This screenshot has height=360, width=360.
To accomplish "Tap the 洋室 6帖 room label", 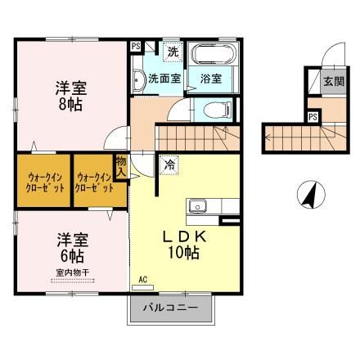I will (x=72, y=247).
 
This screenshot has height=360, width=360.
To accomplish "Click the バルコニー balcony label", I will (x=173, y=309).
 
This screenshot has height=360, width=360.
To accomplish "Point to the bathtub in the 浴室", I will (x=214, y=56).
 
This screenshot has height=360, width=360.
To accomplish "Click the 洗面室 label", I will (x=164, y=79).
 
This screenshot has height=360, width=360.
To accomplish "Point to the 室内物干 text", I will (x=72, y=272).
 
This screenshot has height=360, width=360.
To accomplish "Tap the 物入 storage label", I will (x=121, y=167).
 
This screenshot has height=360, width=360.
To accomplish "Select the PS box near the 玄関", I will (x=313, y=116).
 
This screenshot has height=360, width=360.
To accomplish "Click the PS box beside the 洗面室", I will (x=136, y=47).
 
